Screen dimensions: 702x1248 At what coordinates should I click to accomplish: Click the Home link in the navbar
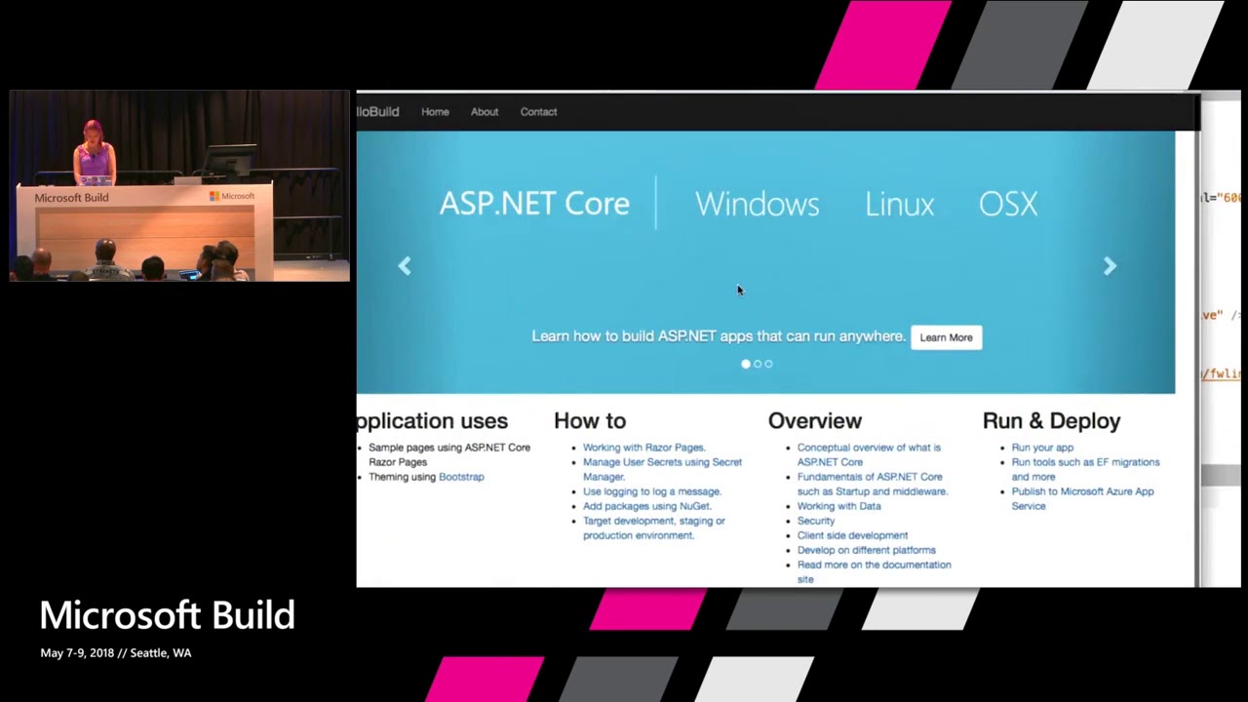(435, 112)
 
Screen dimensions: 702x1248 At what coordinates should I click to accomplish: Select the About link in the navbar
(485, 112)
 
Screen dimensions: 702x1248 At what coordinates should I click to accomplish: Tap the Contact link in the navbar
(538, 112)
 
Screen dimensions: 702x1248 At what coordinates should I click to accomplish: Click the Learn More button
(946, 337)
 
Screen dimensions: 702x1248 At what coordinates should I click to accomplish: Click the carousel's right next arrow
(1110, 266)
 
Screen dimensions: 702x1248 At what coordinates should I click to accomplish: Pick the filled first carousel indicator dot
(746, 364)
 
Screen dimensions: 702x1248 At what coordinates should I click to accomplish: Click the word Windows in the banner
(757, 204)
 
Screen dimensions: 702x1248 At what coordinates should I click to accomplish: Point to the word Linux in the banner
(899, 204)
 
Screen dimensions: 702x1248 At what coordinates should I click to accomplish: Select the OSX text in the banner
(1007, 204)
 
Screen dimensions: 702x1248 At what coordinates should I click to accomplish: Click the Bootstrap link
(461, 477)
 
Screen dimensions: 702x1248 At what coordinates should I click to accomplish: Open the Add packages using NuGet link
(646, 506)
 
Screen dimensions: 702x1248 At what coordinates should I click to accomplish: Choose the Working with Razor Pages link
(643, 448)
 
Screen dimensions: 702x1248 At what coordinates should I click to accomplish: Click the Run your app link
(1042, 448)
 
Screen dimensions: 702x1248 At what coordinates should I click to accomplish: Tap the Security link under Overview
(816, 521)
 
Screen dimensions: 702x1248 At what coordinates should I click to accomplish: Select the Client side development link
(852, 535)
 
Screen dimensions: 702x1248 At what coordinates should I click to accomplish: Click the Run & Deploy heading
(1051, 421)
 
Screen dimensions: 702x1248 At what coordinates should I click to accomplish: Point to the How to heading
(590, 421)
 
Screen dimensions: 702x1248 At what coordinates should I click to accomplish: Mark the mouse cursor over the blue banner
(739, 290)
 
